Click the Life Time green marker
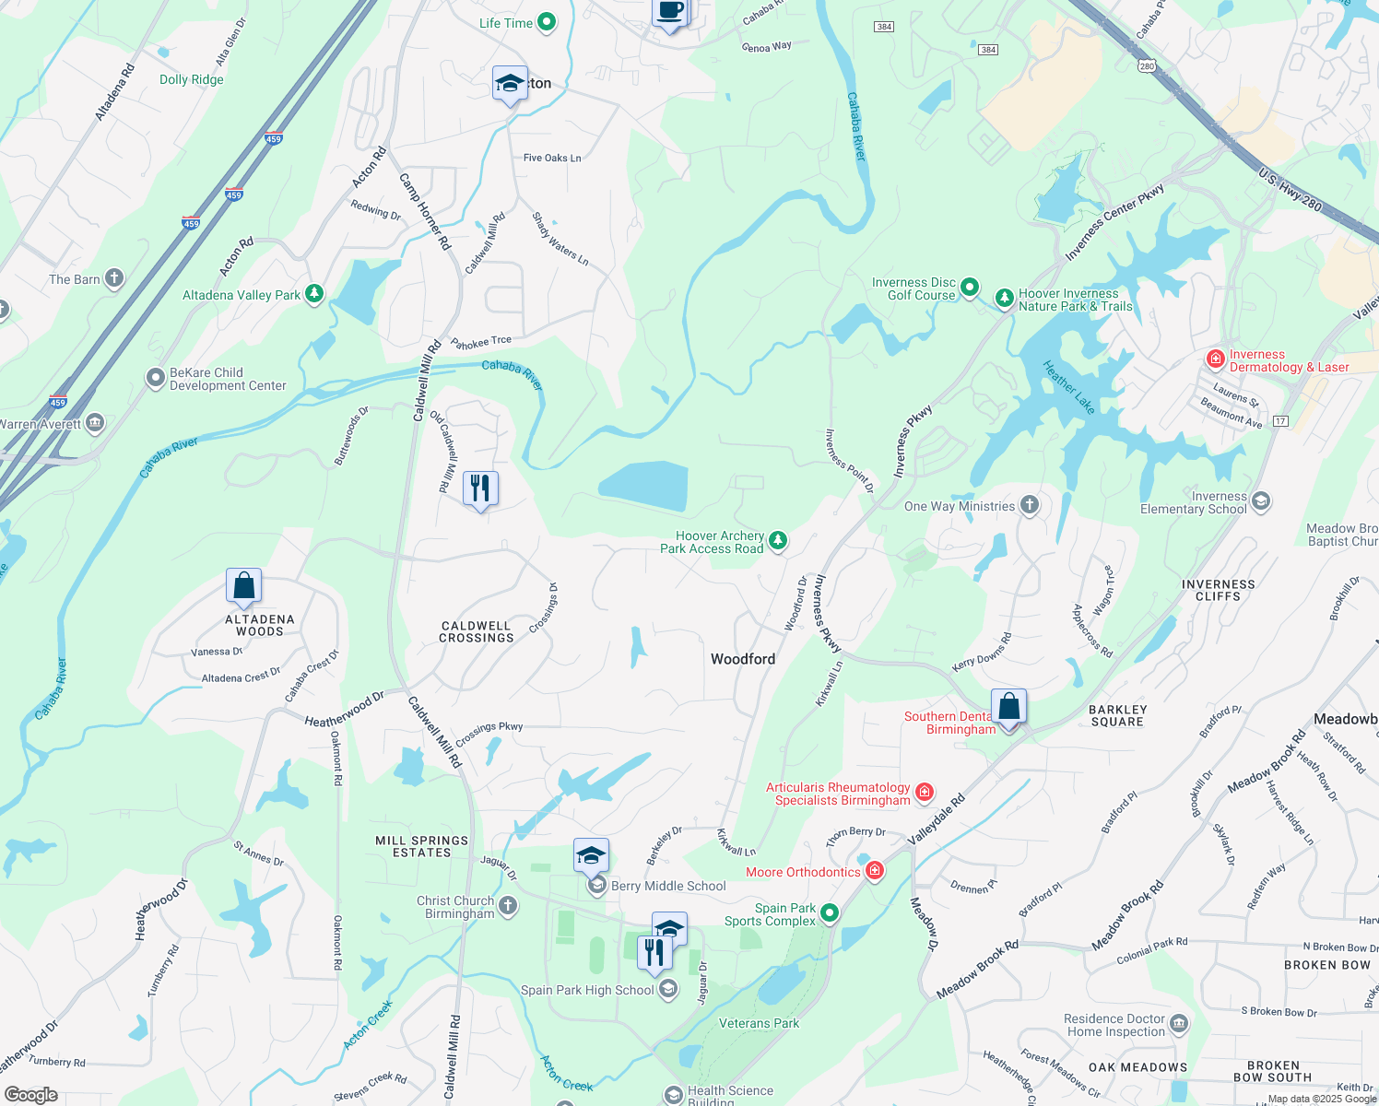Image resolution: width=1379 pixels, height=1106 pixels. pos(547,22)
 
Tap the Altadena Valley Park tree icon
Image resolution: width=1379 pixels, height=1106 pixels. pos(314,294)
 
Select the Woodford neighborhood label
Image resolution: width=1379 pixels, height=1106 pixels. pos(743,659)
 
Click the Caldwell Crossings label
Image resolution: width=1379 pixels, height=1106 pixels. pos(477,632)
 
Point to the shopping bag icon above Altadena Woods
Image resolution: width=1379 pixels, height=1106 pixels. pos(244,585)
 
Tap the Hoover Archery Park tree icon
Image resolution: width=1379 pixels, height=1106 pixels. pos(778,540)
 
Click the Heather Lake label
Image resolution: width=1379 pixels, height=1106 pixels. pos(1068,387)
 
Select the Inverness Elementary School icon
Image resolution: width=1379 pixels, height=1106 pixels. pos(1261,501)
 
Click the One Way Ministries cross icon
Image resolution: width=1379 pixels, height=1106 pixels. pos(1030,505)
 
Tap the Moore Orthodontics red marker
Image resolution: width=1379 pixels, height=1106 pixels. pos(875,871)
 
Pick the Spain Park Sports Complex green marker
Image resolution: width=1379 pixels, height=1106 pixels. pos(830,912)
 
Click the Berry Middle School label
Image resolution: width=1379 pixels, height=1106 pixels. pos(668,886)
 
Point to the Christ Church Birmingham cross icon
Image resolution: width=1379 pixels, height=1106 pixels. pos(508,908)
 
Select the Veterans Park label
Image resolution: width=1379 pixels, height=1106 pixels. pos(759,1023)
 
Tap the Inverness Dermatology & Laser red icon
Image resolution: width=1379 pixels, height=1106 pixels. pos(1216,359)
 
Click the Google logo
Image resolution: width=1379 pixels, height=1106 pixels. pos(30,1094)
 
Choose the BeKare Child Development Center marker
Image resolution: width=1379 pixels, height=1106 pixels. pos(156,378)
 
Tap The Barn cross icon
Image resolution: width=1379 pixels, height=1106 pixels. pos(114,278)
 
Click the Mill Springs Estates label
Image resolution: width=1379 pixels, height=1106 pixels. pos(422,846)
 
